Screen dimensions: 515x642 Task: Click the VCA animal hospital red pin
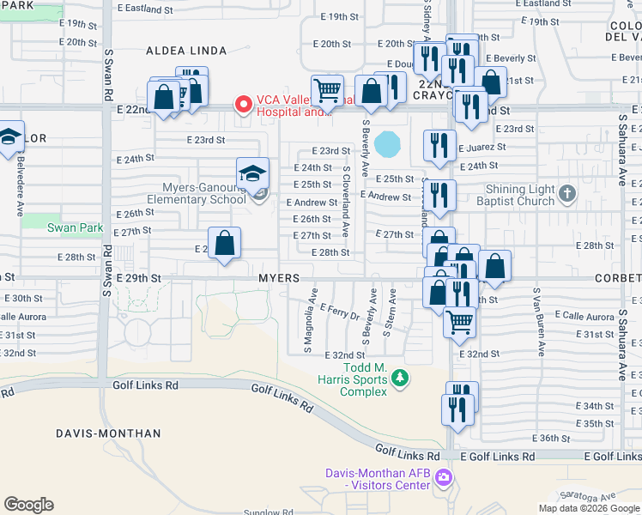click(243, 105)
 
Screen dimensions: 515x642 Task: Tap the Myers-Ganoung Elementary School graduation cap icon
click(253, 174)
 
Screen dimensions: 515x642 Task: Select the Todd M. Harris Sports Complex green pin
click(398, 377)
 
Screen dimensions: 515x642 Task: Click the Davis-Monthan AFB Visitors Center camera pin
click(444, 476)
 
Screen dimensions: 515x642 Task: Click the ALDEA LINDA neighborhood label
click(186, 51)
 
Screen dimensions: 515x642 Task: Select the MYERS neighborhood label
click(279, 279)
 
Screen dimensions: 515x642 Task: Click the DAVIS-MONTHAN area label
click(108, 433)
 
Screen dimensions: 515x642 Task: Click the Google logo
click(28, 505)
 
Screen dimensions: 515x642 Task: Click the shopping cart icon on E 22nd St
click(327, 90)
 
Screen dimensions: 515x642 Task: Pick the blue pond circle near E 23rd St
click(387, 143)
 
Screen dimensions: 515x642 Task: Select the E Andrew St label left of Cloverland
click(316, 203)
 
